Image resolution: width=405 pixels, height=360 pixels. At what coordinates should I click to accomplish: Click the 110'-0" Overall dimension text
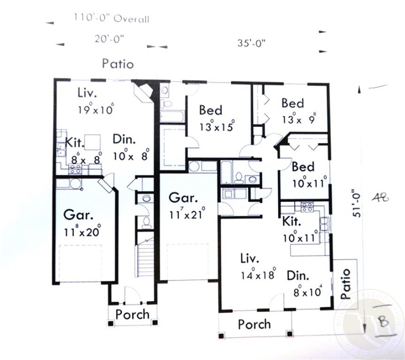point(111,19)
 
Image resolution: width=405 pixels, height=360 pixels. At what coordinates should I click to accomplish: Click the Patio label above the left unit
point(118,64)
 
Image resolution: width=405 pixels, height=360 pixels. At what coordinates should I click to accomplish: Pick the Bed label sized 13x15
point(211,110)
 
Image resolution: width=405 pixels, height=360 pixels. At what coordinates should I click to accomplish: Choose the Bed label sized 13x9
point(292,103)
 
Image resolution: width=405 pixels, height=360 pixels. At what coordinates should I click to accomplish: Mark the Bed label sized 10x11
point(303,167)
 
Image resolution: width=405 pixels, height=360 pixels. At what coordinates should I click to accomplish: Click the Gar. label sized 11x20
point(76,216)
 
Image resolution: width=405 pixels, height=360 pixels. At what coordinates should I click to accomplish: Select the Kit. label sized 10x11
point(292,220)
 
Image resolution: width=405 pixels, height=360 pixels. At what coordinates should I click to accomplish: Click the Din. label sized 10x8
point(124,139)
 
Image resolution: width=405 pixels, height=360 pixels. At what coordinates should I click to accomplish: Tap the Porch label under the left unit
point(132,314)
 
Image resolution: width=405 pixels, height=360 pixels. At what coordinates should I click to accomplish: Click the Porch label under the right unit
point(254,324)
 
